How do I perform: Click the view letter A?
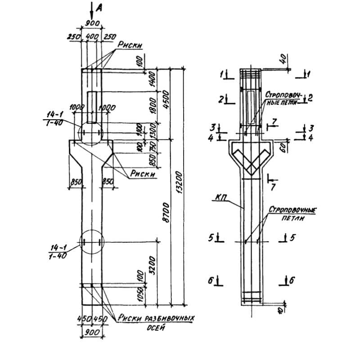click(x=100, y=8)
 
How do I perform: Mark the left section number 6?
click(x=210, y=280)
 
